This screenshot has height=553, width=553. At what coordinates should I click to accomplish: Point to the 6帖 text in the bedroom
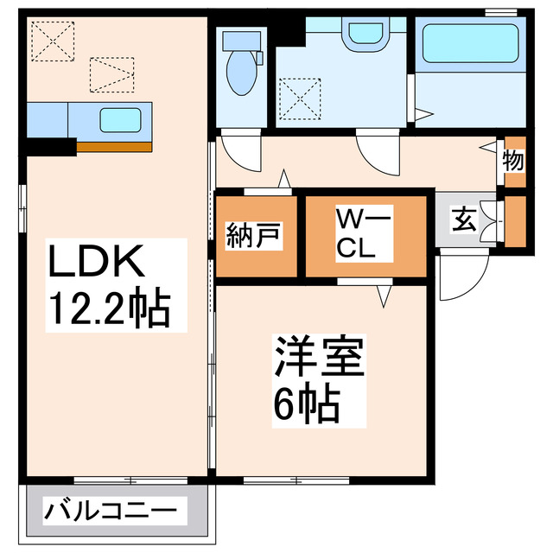click(x=306, y=402)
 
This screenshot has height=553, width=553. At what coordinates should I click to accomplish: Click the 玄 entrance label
click(x=464, y=219)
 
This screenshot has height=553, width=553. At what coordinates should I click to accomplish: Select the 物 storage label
click(x=513, y=161)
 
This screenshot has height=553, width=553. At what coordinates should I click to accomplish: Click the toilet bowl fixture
click(x=240, y=73)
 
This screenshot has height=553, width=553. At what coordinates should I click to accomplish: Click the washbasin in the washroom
click(x=365, y=31)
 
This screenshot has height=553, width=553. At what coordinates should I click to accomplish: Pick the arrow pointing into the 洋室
click(x=385, y=296)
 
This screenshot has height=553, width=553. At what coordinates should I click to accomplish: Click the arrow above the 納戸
click(x=284, y=179)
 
